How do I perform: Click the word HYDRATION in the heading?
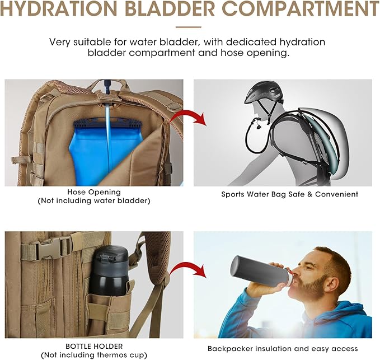(59, 9)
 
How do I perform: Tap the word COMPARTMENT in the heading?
(301, 9)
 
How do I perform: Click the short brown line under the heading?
(189, 27)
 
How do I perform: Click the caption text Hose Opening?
(94, 192)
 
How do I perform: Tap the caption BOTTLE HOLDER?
(94, 346)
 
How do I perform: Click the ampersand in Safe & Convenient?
(309, 194)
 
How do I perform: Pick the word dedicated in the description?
(251, 42)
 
